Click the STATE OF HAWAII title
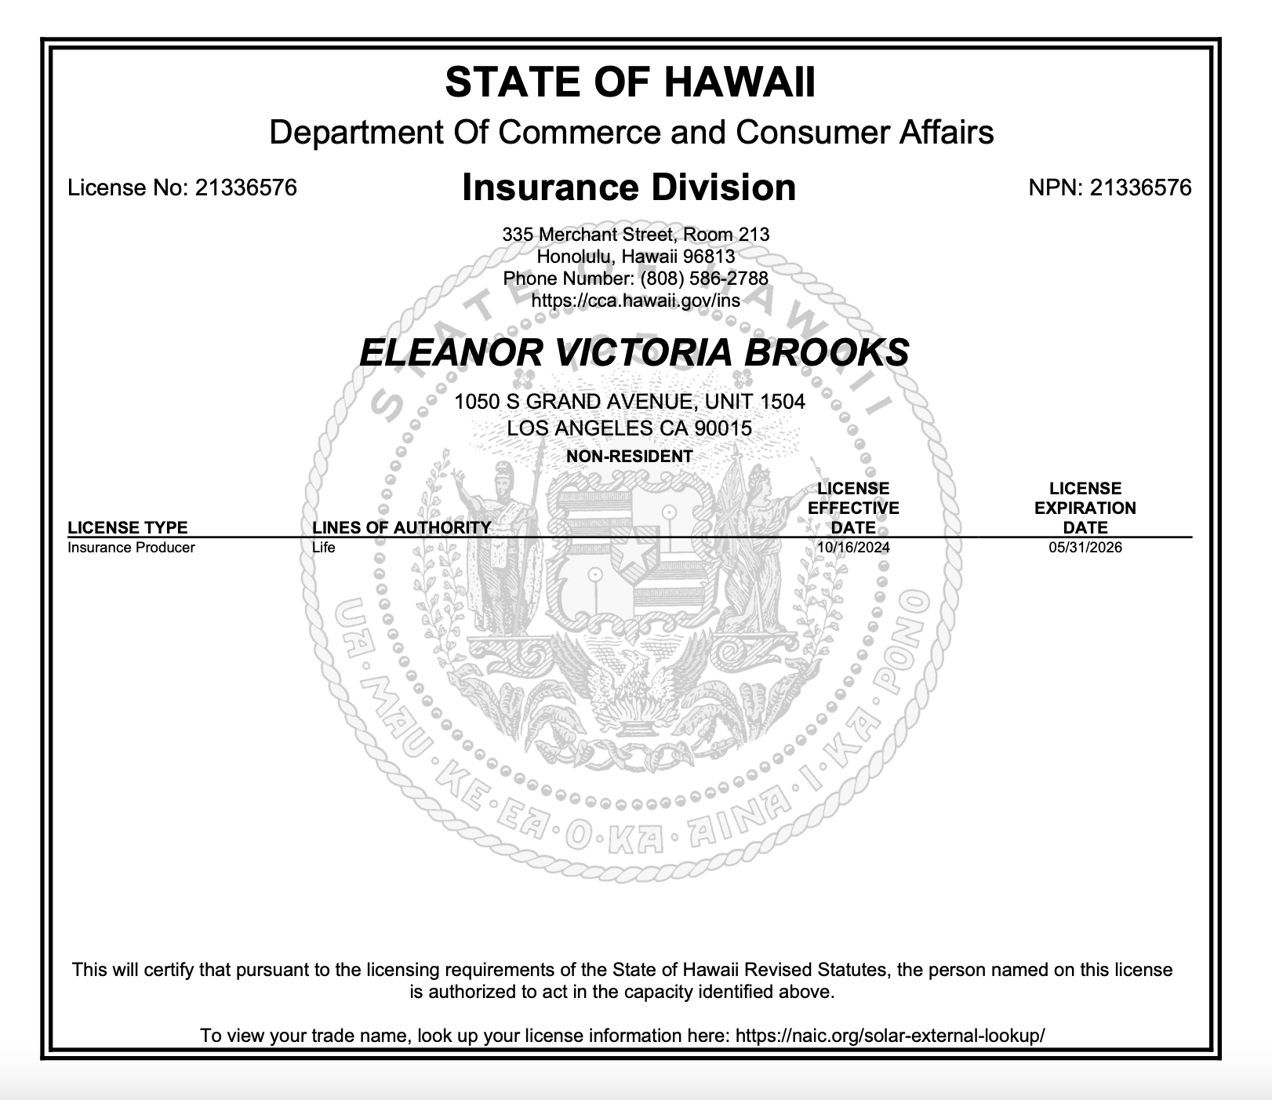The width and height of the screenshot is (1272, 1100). click(x=630, y=82)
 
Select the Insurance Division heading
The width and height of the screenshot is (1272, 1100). click(x=629, y=188)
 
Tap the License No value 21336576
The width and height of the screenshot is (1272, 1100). click(x=245, y=188)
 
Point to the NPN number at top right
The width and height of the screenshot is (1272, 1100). click(x=1140, y=188)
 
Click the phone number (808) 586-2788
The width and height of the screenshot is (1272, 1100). click(x=704, y=279)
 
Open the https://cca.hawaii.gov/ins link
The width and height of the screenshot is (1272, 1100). click(x=635, y=300)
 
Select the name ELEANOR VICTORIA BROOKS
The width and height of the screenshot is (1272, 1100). click(x=634, y=352)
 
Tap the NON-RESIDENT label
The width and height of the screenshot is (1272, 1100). click(x=630, y=456)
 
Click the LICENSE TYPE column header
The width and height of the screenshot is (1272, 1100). click(x=128, y=527)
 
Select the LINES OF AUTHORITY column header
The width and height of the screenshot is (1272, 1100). click(x=401, y=527)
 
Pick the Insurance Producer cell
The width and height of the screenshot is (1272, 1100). click(x=131, y=548)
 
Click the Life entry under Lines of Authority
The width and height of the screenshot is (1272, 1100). click(x=323, y=548)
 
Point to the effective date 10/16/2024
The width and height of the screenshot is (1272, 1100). click(x=853, y=548)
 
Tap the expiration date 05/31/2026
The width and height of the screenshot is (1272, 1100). click(x=1085, y=548)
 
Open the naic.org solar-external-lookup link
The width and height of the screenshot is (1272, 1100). click(x=890, y=1036)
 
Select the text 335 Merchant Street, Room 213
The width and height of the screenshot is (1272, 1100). click(x=635, y=235)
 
